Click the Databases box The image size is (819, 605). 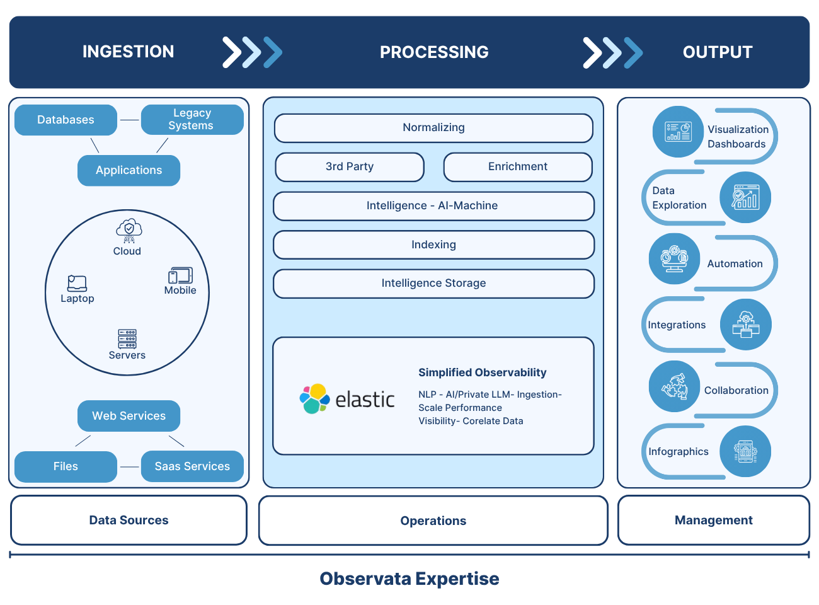[66, 120]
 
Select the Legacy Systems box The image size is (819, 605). [192, 120]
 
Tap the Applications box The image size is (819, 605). [129, 170]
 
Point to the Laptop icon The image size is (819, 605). [77, 283]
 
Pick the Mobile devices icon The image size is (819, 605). [180, 275]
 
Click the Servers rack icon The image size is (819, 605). [127, 338]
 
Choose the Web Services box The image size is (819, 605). [129, 416]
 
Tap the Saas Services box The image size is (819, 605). [192, 466]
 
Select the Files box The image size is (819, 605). [66, 466]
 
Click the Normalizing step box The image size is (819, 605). [433, 128]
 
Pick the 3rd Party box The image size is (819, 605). [350, 167]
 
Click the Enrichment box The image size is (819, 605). [518, 167]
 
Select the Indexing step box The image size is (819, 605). [433, 245]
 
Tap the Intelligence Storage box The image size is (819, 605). [433, 284]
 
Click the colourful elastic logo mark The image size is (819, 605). [314, 399]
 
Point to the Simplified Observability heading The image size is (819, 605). [483, 372]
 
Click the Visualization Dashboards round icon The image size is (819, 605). [678, 132]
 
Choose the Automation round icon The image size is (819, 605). [674, 258]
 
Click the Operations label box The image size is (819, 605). [433, 521]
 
